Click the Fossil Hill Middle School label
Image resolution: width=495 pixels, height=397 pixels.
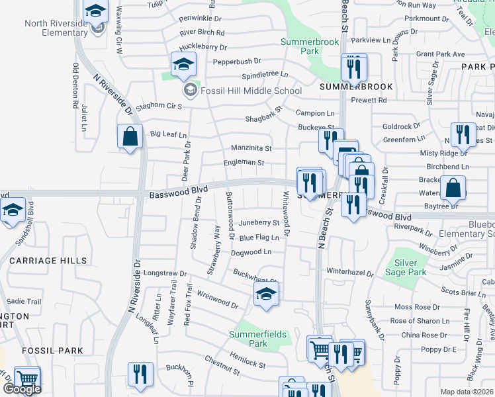[x=251, y=91]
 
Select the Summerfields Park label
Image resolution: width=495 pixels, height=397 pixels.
[x=259, y=339]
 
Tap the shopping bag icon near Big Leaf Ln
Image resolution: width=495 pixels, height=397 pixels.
[x=131, y=137]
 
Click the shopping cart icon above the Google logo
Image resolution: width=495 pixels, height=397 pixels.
[x=27, y=378]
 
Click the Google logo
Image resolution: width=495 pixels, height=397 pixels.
[x=22, y=389]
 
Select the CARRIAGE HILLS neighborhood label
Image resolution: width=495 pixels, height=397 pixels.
[x=43, y=261]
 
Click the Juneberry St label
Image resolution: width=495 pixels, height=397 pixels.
[x=260, y=223]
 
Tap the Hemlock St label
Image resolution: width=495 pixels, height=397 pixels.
[x=247, y=360]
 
